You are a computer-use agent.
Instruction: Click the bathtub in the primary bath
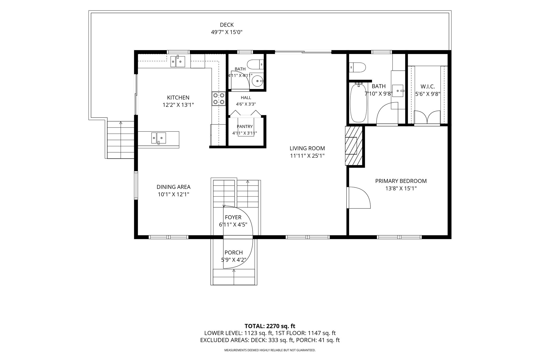[x=358, y=103]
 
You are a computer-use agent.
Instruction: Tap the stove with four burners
[x=219, y=99]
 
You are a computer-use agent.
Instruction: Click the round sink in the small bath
[x=257, y=81]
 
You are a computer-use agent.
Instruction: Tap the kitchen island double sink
[x=158, y=138]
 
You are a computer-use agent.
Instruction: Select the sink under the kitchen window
[x=177, y=61]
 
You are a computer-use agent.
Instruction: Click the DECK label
[x=227, y=25]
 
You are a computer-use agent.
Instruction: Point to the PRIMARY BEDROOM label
[x=401, y=181]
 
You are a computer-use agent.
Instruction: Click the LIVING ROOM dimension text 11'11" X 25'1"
[x=307, y=156]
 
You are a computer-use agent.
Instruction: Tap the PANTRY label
[x=245, y=127]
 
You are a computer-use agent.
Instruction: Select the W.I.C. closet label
[x=428, y=86]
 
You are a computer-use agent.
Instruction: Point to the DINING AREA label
[x=173, y=187]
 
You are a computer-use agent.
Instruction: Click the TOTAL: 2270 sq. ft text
[x=270, y=326]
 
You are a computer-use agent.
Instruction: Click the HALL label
[x=246, y=98]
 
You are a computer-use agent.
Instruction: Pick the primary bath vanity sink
[x=398, y=91]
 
